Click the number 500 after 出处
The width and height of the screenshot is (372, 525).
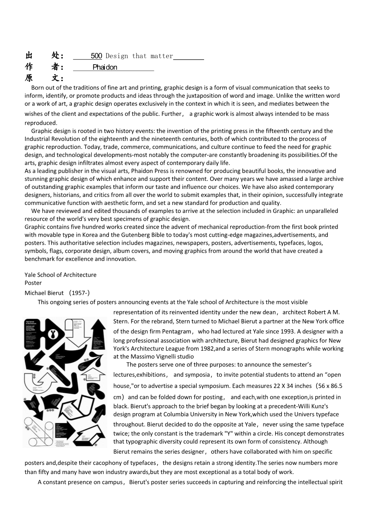96,56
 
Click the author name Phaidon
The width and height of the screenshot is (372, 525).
105,67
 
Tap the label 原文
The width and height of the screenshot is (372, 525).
44,78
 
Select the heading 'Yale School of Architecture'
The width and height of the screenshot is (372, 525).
61,275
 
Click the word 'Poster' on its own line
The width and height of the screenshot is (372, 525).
33,283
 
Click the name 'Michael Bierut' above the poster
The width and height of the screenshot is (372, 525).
44,293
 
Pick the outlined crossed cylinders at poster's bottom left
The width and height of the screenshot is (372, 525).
38,431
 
